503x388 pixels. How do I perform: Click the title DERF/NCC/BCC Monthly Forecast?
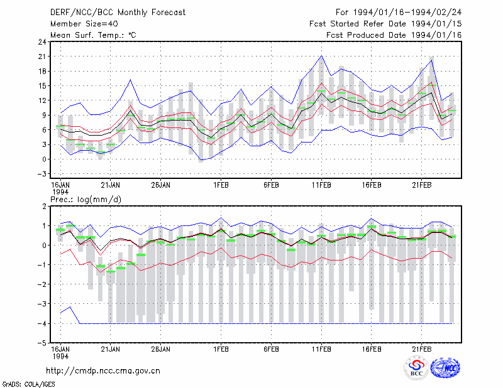[118, 13]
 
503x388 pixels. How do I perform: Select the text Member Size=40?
[84, 24]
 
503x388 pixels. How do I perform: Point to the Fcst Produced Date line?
[394, 35]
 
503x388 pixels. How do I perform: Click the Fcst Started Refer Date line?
[385, 24]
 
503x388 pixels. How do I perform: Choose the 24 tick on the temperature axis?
[42, 42]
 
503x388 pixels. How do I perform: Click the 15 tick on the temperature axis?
[42, 86]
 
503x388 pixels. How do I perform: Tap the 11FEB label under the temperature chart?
[321, 185]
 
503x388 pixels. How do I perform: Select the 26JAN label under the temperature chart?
[161, 185]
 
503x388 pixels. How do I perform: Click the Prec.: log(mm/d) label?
[86, 200]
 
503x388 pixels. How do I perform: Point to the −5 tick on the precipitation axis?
[42, 343]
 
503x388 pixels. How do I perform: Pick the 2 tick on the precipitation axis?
[44, 207]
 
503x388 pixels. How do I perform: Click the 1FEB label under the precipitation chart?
[221, 349]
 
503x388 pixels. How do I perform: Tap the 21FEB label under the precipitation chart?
[421, 349]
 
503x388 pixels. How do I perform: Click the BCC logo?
[416, 368]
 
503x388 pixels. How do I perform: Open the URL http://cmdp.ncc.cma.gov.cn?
[103, 371]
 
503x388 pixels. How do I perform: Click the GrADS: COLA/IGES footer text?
[29, 384]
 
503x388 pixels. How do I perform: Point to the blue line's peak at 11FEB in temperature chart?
[321, 55]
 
